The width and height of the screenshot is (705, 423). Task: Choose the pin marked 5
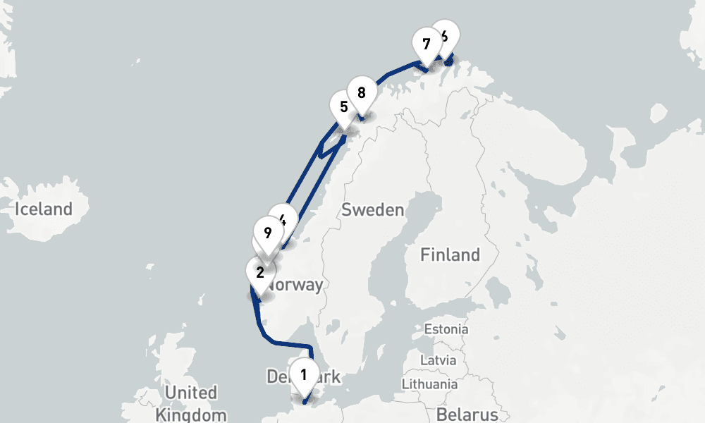tap(343, 108)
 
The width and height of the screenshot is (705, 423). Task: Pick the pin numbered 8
tap(361, 93)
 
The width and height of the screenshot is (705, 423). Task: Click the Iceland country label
tap(44, 209)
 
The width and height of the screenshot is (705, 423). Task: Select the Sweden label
tap(372, 210)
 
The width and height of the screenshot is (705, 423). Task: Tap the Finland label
tap(450, 255)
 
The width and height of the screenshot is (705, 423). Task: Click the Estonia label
tap(446, 329)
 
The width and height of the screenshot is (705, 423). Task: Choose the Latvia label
tap(439, 360)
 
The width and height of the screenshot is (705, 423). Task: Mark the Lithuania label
tap(429, 384)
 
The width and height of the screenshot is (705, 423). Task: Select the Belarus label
tap(467, 413)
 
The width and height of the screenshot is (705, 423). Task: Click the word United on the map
tap(190, 393)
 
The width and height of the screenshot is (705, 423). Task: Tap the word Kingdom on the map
tap(192, 415)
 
